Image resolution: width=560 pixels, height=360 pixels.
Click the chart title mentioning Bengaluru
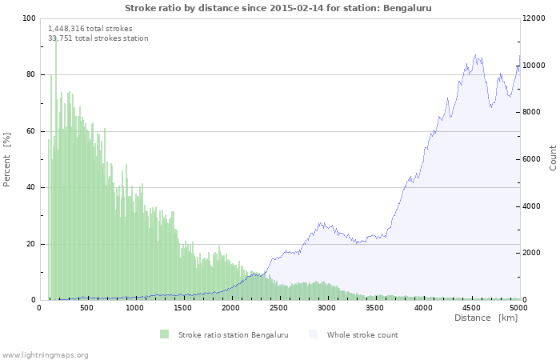coord(279,7)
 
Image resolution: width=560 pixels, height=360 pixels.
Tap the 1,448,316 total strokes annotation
coord(90,28)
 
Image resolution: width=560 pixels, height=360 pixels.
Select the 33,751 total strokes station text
coord(98,38)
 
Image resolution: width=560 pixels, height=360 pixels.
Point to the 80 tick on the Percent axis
coord(30,74)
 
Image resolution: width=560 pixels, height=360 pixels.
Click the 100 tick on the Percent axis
coord(28,18)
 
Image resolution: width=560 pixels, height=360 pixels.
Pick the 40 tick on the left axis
coord(30,187)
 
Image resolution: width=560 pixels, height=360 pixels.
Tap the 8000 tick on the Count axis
coord(534,112)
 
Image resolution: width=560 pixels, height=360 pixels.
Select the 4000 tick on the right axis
coord(534,206)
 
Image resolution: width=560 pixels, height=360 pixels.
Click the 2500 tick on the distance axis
coord(279,307)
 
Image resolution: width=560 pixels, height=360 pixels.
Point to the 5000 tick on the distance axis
coord(519,307)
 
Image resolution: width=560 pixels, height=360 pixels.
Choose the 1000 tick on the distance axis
coord(135,307)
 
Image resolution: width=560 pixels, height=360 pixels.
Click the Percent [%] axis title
coord(7,159)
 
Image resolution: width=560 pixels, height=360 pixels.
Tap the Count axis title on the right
coord(553,158)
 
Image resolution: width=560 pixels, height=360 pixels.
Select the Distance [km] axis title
coord(486,318)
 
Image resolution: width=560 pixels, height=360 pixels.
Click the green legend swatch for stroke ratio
coord(164,334)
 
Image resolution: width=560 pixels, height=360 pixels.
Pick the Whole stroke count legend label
coord(362,334)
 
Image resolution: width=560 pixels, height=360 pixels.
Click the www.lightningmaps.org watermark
coord(45,354)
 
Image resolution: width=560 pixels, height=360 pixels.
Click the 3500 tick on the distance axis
coord(375,307)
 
